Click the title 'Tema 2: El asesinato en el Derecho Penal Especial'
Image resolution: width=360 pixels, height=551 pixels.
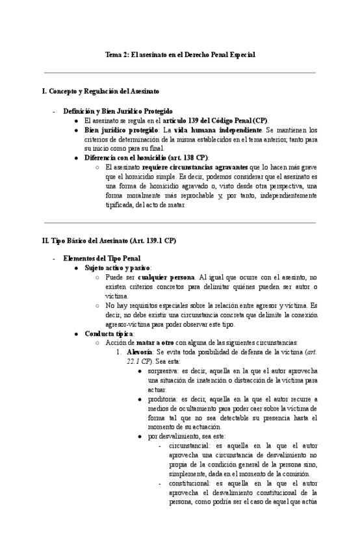click(180, 55)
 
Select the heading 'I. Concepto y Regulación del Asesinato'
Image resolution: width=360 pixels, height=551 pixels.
click(100, 92)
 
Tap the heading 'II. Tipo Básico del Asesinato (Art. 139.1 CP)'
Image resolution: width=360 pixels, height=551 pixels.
click(109, 240)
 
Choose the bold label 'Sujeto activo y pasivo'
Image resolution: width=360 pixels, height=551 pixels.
click(118, 268)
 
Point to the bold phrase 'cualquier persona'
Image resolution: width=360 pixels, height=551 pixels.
click(166, 277)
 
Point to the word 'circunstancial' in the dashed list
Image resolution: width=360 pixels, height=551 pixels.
click(189, 446)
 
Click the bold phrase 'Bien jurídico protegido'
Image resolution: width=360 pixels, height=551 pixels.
click(122, 130)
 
